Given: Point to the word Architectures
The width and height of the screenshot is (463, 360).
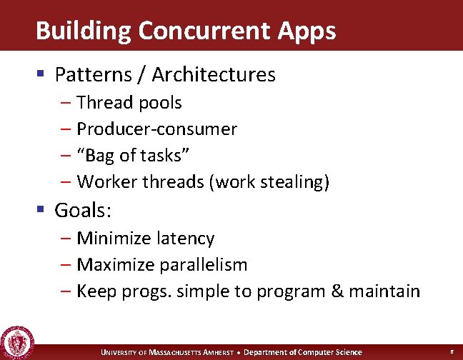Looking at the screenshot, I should coord(214,74).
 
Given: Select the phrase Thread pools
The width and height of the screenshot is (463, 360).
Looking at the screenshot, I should coord(129,103).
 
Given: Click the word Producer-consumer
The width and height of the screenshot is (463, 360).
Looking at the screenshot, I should coord(156,129).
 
